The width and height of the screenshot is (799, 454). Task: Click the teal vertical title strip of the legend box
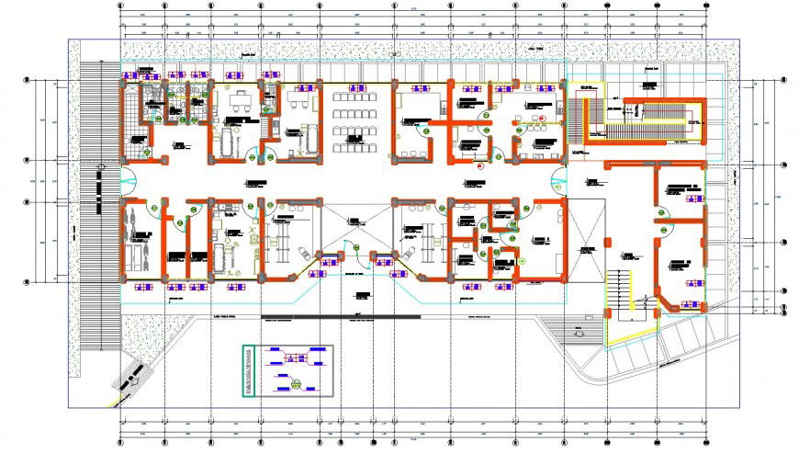pyautogui.click(x=246, y=371)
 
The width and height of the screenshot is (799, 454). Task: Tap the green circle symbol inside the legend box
pyautogui.click(x=296, y=384)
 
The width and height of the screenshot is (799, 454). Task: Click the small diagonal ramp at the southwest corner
pyautogui.click(x=131, y=377)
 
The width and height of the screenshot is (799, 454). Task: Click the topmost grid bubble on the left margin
pyautogui.click(x=28, y=81)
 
